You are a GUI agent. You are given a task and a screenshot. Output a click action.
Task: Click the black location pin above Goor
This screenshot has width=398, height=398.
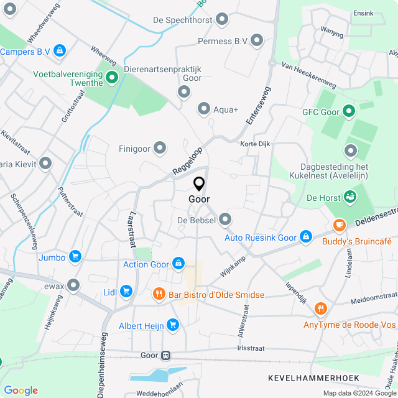click(x=199, y=184)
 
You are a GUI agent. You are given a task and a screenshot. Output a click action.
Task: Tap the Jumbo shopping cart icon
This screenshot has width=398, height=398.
click(x=75, y=256)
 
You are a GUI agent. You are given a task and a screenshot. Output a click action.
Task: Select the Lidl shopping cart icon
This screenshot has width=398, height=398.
click(x=126, y=290)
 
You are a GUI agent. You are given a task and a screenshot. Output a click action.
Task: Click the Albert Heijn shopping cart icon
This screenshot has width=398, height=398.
click(x=172, y=324)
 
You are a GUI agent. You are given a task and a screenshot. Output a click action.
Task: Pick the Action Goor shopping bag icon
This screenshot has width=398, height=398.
click(x=179, y=264)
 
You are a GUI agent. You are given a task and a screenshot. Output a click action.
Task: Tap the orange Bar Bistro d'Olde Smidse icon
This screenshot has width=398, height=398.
click(x=159, y=294)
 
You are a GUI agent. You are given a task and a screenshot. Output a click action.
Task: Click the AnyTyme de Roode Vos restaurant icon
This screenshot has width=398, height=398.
click(x=320, y=308)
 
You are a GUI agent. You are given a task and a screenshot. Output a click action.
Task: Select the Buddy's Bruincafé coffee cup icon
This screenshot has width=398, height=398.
click(x=339, y=225)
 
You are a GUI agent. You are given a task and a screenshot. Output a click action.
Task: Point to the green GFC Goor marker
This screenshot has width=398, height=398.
click(x=348, y=112)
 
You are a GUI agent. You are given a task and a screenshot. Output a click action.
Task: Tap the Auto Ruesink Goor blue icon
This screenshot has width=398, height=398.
click(x=305, y=237)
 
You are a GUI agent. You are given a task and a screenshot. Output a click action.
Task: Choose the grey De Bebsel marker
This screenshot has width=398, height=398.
click(x=225, y=220)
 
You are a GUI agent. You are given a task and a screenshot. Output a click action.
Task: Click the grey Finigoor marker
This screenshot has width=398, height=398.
click(x=160, y=148)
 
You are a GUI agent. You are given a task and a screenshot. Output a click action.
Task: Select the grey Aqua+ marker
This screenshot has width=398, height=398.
click(x=203, y=109)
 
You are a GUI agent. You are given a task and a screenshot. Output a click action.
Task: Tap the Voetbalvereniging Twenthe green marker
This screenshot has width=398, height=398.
click(x=112, y=78)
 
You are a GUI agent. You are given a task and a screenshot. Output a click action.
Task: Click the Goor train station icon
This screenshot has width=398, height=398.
click(x=165, y=355)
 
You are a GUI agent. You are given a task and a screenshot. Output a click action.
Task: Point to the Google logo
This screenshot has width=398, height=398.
click(x=21, y=390)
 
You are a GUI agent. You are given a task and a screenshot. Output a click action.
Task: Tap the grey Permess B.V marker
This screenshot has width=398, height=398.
click(x=256, y=41)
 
